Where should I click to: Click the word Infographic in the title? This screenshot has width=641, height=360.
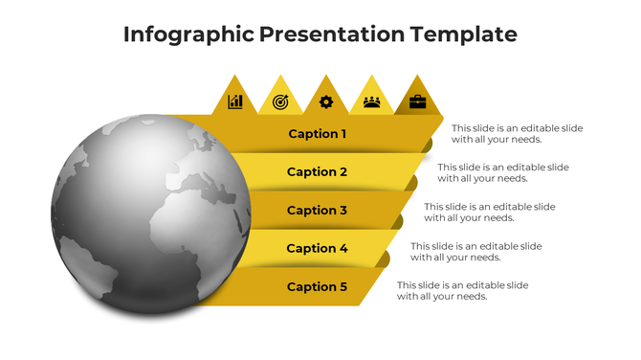tap(188, 35)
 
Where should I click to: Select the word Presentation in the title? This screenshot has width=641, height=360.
tap(331, 35)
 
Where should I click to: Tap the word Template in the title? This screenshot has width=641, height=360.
tap(463, 35)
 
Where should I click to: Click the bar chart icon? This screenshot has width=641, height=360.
tap(234, 101)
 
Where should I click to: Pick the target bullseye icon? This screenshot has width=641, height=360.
tap(280, 101)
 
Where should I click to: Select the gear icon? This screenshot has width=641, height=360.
tap(326, 101)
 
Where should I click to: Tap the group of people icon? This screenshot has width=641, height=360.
tap(371, 101)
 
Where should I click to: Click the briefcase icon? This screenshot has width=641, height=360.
tap(417, 101)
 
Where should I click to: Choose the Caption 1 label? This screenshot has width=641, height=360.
tap(318, 134)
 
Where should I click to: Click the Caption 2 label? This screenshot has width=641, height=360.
tap(318, 172)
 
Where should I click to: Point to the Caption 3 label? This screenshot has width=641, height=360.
tap(318, 211)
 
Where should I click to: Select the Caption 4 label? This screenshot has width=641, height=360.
tap(318, 249)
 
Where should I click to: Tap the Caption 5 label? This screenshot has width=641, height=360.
tap(318, 287)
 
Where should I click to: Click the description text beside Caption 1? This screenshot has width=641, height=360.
tap(517, 134)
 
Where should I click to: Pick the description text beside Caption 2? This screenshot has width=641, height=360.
tap(503, 172)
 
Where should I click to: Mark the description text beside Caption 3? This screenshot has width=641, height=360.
tap(490, 212)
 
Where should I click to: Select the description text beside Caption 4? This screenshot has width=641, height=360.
tap(476, 252)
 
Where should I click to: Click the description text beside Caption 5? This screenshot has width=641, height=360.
tap(463, 291)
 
